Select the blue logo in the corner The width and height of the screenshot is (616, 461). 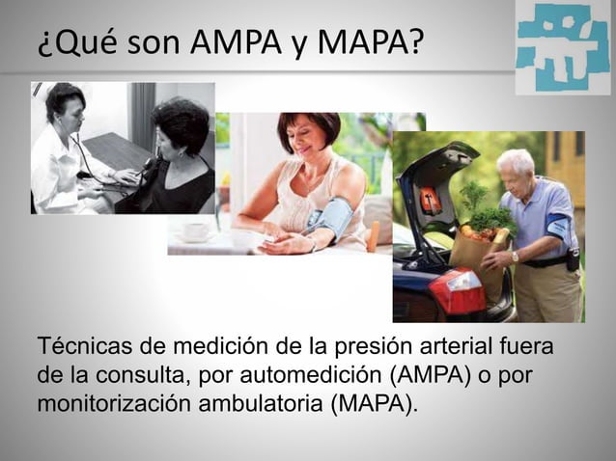(562, 47)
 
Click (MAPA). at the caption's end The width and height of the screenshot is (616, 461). (376, 402)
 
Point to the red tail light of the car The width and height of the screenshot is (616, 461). (457, 290)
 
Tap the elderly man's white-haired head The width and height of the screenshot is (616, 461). (515, 165)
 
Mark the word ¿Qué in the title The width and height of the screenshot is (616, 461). (69, 42)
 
